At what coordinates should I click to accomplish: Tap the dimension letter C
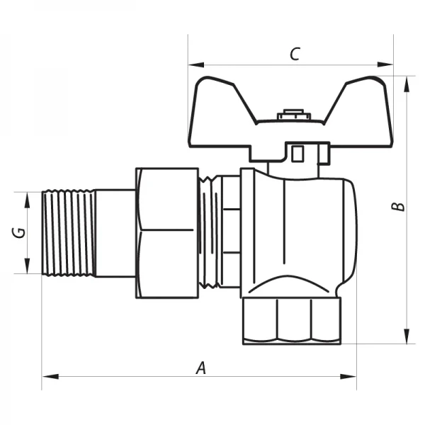tap(295, 54)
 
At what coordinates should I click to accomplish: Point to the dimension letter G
tap(21, 232)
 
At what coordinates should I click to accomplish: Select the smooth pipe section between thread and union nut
tap(115, 232)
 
